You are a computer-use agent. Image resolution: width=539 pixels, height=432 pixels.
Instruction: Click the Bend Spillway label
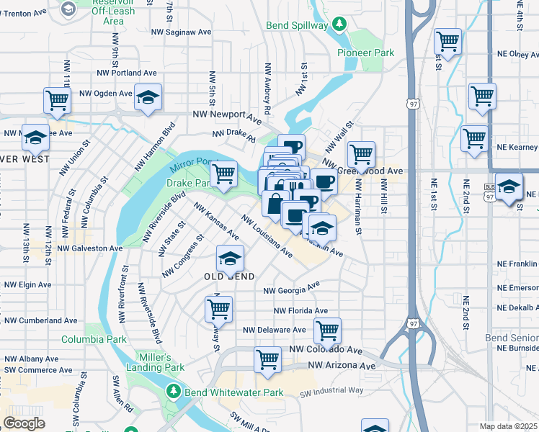tap(298, 25)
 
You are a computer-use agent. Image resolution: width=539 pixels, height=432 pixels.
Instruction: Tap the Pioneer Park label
tap(366, 53)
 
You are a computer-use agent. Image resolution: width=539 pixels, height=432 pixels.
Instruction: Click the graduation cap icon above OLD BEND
tap(230, 258)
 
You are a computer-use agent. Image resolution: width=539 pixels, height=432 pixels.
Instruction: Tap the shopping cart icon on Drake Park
tap(224, 173)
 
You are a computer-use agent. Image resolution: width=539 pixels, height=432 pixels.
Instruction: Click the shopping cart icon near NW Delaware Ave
tap(327, 330)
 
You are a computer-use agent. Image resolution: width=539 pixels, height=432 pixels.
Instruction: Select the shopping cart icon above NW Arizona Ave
tap(267, 359)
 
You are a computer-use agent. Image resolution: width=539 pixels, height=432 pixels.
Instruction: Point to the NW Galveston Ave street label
tap(90, 248)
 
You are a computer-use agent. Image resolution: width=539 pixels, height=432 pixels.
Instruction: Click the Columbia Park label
tap(94, 339)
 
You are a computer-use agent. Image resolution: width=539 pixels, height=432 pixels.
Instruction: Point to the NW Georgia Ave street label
tap(291, 288)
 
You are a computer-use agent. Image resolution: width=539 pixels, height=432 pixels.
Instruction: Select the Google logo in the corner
tap(24, 423)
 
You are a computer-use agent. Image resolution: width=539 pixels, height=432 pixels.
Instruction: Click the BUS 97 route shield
tap(489, 192)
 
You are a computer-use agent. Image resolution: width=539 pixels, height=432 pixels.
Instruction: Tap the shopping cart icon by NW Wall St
tap(361, 153)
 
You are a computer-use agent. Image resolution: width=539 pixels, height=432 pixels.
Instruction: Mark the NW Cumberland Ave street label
tap(41, 320)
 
